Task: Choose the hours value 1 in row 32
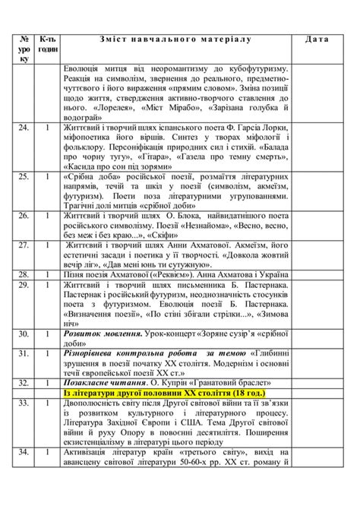(47, 382)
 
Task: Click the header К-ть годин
(47, 43)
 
